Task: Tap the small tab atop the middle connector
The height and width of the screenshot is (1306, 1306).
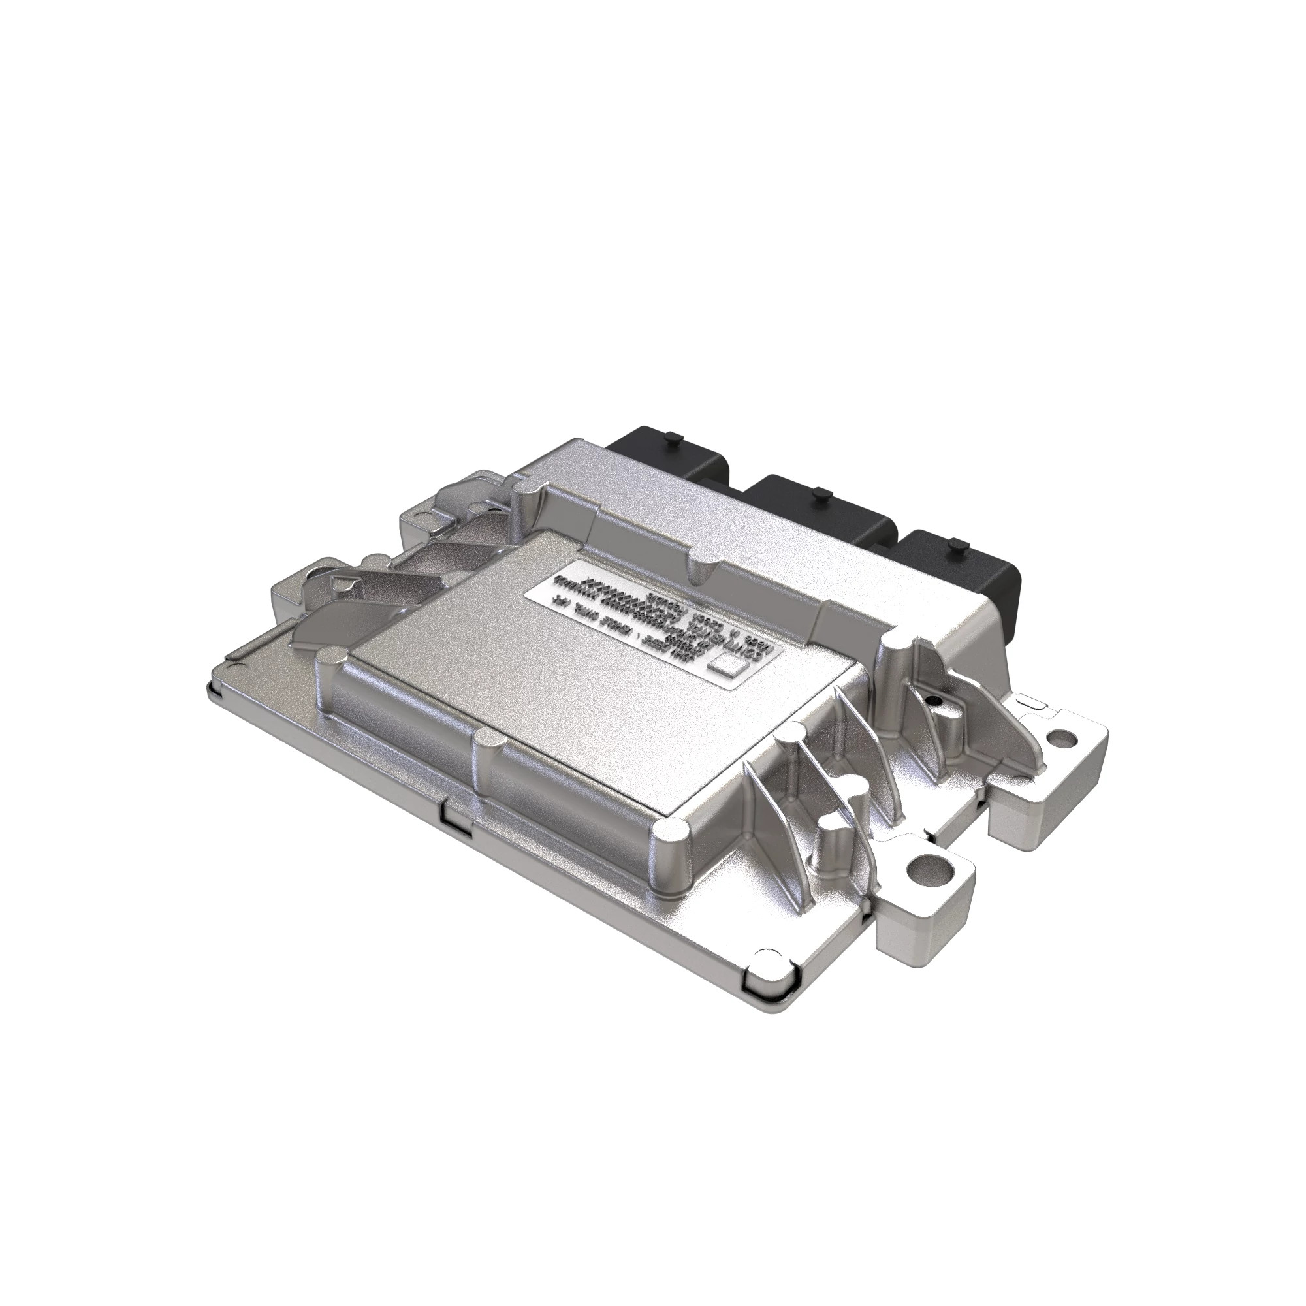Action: (x=820, y=494)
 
